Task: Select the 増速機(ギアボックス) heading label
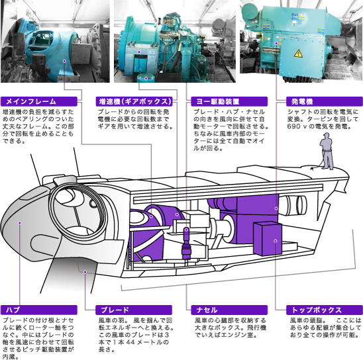pos(134,101)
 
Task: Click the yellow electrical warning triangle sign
pos(298,54)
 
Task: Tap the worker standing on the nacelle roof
pos(327,152)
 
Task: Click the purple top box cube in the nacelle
pos(268,239)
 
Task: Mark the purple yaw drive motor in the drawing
pos(186,243)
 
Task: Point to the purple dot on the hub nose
pos(20,222)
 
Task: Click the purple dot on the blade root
pos(85,272)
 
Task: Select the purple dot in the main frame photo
pos(64,61)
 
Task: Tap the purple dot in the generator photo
pos(276,43)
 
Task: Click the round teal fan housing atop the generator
pos(250,13)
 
